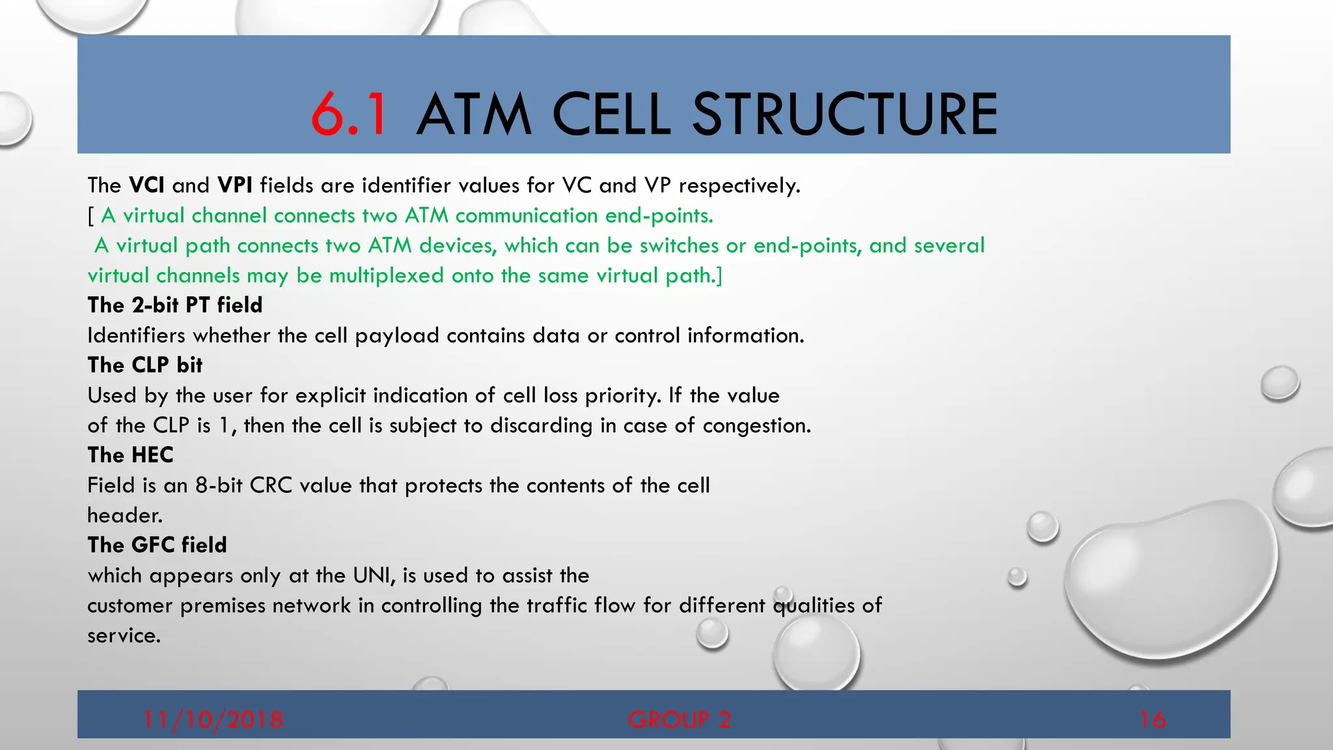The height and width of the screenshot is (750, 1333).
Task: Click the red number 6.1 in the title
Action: pos(350,115)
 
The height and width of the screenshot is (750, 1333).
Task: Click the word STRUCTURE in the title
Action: pos(844,115)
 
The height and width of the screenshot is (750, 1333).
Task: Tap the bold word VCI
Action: pos(146,186)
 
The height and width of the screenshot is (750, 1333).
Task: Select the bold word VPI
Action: pos(234,186)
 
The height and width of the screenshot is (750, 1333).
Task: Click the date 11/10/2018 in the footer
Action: pos(213,719)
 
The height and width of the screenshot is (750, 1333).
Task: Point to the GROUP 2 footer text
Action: pos(680,719)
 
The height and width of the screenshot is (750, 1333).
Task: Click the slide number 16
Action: pos(1152,719)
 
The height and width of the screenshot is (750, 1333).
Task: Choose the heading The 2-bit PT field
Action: pos(175,305)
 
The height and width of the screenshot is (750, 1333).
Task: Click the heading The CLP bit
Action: pos(145,365)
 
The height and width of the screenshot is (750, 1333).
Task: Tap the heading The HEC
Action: pos(131,455)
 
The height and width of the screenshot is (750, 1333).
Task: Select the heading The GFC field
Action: pos(158,545)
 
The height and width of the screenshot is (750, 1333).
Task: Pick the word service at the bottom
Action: pos(122,636)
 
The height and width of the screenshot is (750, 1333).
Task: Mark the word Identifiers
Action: pos(137,335)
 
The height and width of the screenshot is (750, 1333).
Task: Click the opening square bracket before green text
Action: pos(91,216)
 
